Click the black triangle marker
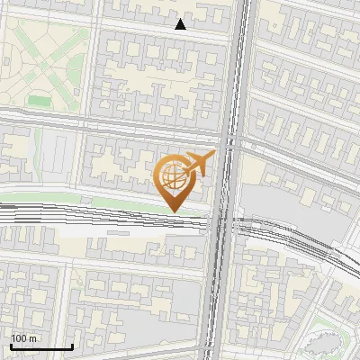(181, 24)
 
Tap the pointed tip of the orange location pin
(172, 211)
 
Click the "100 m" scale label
(23, 338)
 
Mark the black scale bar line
(41, 346)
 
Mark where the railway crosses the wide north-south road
(222, 220)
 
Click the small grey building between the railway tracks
(117, 229)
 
